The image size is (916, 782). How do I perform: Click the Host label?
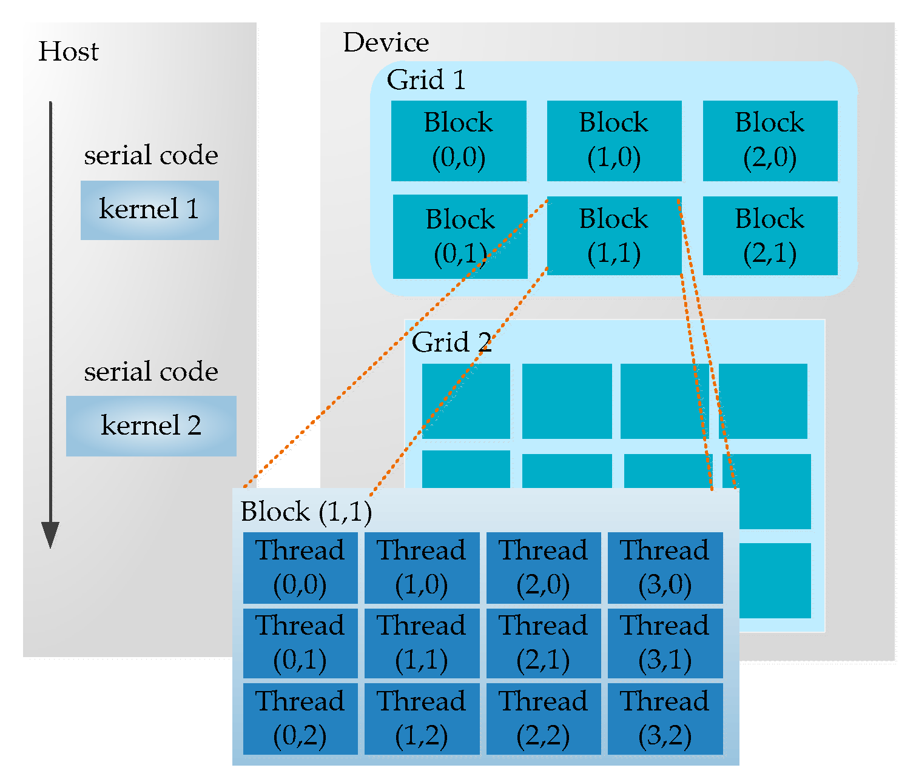coord(68,52)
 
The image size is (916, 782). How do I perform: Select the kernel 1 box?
coord(149,210)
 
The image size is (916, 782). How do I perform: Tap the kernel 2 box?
coord(151,426)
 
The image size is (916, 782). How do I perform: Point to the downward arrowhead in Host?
coord(50,534)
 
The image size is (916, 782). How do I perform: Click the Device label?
coord(386,42)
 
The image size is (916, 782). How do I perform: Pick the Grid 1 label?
coord(426,80)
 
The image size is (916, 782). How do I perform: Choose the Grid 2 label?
coord(451,343)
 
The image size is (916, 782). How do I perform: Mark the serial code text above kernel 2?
coord(151,372)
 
